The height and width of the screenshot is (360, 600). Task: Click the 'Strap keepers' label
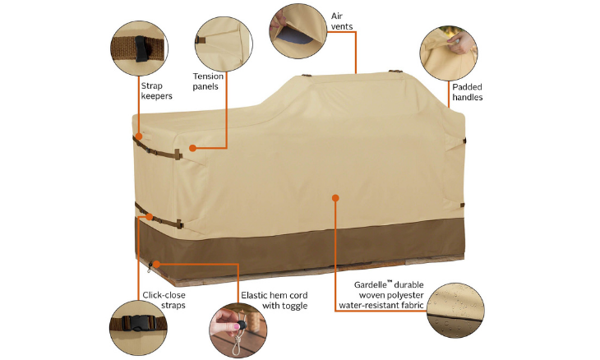pos(156,90)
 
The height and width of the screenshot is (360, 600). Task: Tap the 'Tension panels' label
pos(208,81)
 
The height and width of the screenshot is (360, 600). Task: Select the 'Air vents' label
pos(342,21)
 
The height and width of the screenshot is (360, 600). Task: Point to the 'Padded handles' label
pos(467,92)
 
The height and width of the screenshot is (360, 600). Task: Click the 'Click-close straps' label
pos(164,300)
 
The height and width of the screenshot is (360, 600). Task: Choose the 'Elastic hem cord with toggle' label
pos(274,300)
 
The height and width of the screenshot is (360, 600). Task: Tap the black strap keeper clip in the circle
pos(141,49)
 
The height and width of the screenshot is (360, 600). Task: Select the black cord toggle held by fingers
pos(241,326)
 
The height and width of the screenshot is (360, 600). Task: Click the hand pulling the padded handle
pos(461,42)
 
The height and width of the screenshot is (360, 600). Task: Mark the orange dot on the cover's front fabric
pos(335,198)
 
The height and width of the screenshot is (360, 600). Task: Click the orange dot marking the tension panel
pos(193,148)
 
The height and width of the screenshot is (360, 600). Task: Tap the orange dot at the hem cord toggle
pos(156,264)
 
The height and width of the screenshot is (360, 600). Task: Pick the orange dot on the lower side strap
pos(150,217)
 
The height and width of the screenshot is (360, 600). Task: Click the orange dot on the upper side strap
pos(139,136)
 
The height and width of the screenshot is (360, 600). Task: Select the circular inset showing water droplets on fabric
pos(455,310)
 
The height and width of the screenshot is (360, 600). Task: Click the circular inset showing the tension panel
pos(224,44)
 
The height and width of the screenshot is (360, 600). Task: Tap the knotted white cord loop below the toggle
pos(238,342)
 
